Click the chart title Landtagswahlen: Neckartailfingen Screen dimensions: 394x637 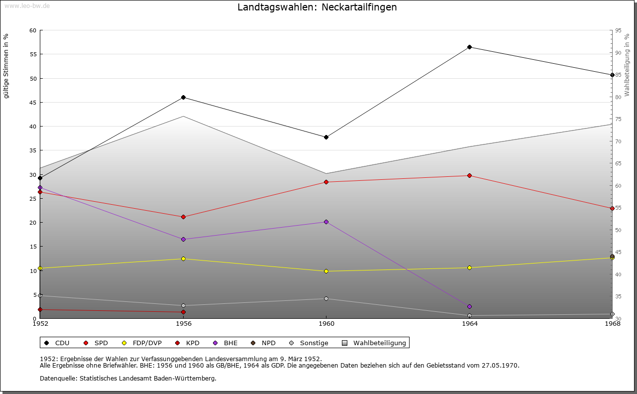pyautogui.click(x=317, y=7)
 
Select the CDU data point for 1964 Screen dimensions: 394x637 pyautogui.click(x=469, y=47)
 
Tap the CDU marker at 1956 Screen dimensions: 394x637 pyautogui.click(x=183, y=98)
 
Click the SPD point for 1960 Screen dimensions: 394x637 pyautogui.click(x=326, y=182)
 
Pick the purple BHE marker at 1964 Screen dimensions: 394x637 pyautogui.click(x=469, y=306)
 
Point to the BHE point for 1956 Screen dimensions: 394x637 pyautogui.click(x=183, y=240)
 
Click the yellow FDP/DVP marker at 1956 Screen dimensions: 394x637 pyautogui.click(x=183, y=259)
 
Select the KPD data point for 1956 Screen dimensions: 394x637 pyautogui.click(x=183, y=312)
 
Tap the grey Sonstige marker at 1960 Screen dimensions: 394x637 pyautogui.click(x=326, y=299)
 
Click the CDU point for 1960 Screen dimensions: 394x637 pyautogui.click(x=326, y=137)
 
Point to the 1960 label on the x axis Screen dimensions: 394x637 pyautogui.click(x=326, y=324)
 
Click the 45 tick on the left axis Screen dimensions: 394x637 pyautogui.click(x=33, y=103)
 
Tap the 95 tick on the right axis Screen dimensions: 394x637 pyautogui.click(x=618, y=30)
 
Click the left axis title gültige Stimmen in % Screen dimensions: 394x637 pyautogui.click(x=6, y=66)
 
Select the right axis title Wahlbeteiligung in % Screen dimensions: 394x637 pyautogui.click(x=627, y=65)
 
